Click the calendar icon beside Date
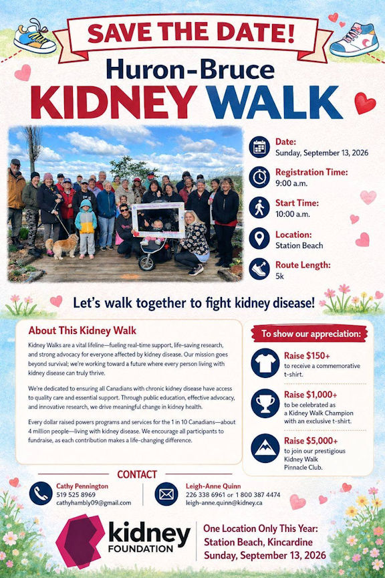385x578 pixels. point(259,147)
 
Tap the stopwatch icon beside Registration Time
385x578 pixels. point(259,177)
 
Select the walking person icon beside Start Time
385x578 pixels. point(259,208)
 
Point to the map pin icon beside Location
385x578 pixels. point(259,239)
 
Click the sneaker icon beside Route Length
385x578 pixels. point(259,269)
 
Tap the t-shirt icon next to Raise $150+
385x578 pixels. point(265,363)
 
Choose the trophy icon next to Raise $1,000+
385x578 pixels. point(265,403)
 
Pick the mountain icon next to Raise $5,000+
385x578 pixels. point(265,448)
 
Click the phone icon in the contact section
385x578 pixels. point(41,494)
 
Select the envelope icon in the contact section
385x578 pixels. point(166,494)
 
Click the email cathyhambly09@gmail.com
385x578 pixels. point(94,503)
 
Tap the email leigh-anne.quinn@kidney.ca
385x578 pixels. point(224,503)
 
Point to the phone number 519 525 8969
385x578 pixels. point(76,494)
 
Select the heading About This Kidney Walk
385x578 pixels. point(82,330)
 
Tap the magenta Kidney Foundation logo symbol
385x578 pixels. point(80,541)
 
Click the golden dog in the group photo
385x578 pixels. point(61,246)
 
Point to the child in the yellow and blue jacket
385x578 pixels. point(86,229)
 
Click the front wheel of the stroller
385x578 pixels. point(146,262)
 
